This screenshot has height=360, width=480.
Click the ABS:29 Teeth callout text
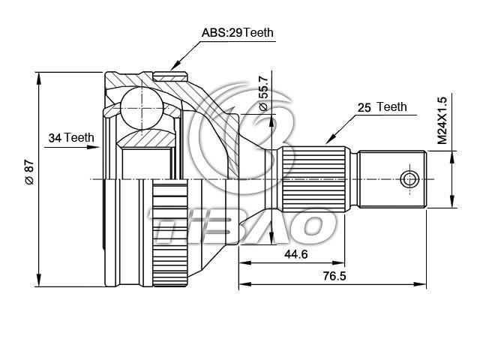coord(237,32)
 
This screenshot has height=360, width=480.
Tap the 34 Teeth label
coord(71,138)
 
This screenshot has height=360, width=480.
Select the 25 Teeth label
coord(382,107)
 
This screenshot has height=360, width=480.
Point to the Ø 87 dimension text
coord(30,172)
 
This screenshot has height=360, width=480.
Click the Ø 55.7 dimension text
coord(263,93)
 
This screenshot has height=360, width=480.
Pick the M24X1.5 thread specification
coord(442,120)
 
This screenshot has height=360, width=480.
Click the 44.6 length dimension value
coord(296,254)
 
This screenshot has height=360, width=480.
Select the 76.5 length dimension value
coord(334,276)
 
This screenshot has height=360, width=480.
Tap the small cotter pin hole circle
coord(410,179)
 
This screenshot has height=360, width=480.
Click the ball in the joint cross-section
coord(142,108)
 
